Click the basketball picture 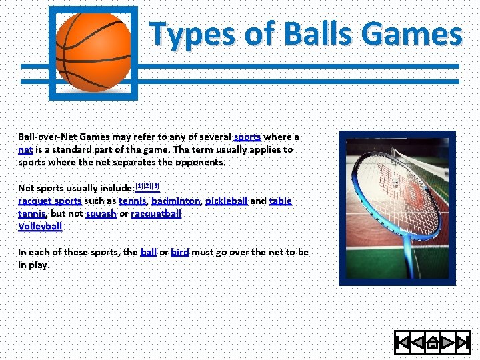click(x=93, y=52)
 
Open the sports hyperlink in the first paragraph click(x=247, y=137)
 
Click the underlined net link click(x=25, y=149)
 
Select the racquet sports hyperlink click(x=49, y=201)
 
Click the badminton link click(x=175, y=201)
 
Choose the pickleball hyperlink click(x=226, y=201)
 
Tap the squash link click(x=101, y=213)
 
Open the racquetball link click(x=156, y=213)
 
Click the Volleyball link click(x=40, y=226)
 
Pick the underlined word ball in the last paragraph click(x=148, y=252)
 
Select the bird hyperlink click(x=180, y=252)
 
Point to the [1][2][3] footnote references click(x=147, y=185)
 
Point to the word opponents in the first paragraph click(x=201, y=162)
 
